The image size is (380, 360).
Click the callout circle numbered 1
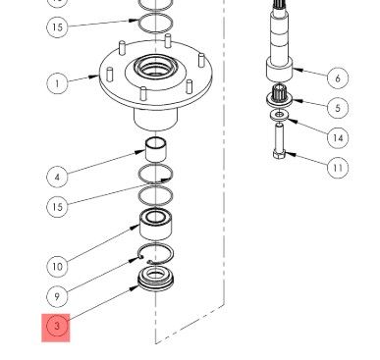point(57,83)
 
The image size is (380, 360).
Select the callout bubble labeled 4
point(57,177)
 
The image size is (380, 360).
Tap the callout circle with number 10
point(57,267)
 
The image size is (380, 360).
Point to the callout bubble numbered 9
point(57,296)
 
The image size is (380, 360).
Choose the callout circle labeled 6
point(338,77)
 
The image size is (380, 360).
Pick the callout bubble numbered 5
point(338,108)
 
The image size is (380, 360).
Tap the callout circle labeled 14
point(338,137)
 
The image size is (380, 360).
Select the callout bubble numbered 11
point(338,168)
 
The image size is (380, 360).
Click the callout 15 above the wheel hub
point(57,26)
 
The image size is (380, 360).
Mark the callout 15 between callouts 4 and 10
point(57,207)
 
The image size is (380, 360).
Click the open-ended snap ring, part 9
point(156,245)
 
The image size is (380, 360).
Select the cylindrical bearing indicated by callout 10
point(156,225)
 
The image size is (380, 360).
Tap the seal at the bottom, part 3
point(156,279)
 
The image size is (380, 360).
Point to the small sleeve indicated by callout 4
point(156,150)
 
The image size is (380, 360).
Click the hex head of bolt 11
point(279,153)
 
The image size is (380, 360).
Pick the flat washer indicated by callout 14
point(279,115)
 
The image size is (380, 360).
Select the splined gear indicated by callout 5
point(280,95)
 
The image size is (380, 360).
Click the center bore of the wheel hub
point(156,69)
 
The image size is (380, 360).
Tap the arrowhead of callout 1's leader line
point(94,77)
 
